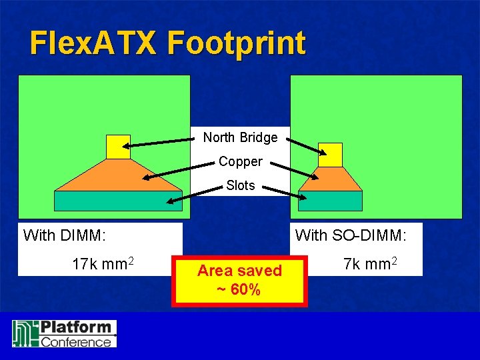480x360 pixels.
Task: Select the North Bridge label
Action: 240,137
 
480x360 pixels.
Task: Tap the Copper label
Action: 240,162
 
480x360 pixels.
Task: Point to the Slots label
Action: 240,185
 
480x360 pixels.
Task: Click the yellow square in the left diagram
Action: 118,147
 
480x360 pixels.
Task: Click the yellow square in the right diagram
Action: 330,155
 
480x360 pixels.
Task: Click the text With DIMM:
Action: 65,235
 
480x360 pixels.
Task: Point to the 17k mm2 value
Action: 103,264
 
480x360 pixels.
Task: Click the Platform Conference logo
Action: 64,333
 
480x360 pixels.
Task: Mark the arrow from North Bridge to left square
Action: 160,143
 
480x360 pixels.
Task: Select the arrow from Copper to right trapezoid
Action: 300,171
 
